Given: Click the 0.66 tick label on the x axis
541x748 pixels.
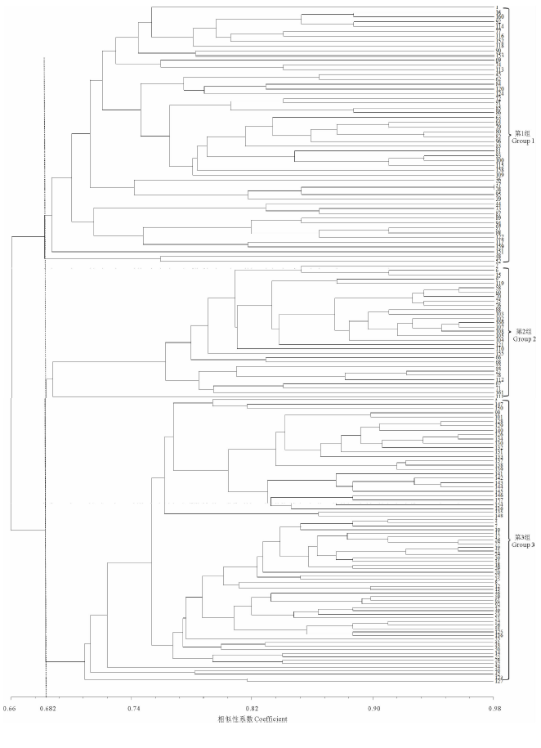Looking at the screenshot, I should point(11,709).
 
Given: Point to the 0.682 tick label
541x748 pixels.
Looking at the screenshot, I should point(46,709).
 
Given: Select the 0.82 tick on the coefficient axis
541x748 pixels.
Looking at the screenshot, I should point(252,709).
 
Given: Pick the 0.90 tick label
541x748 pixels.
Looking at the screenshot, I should point(373,709).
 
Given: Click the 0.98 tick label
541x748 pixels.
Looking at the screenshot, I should point(492,709).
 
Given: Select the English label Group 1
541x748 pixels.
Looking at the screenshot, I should point(523,141).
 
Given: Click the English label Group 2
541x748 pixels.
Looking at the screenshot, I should point(523,338).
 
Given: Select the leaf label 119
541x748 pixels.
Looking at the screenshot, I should point(499,284).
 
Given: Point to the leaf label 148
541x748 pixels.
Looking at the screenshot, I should point(499,516).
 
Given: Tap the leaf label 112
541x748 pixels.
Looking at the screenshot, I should point(499,380).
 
